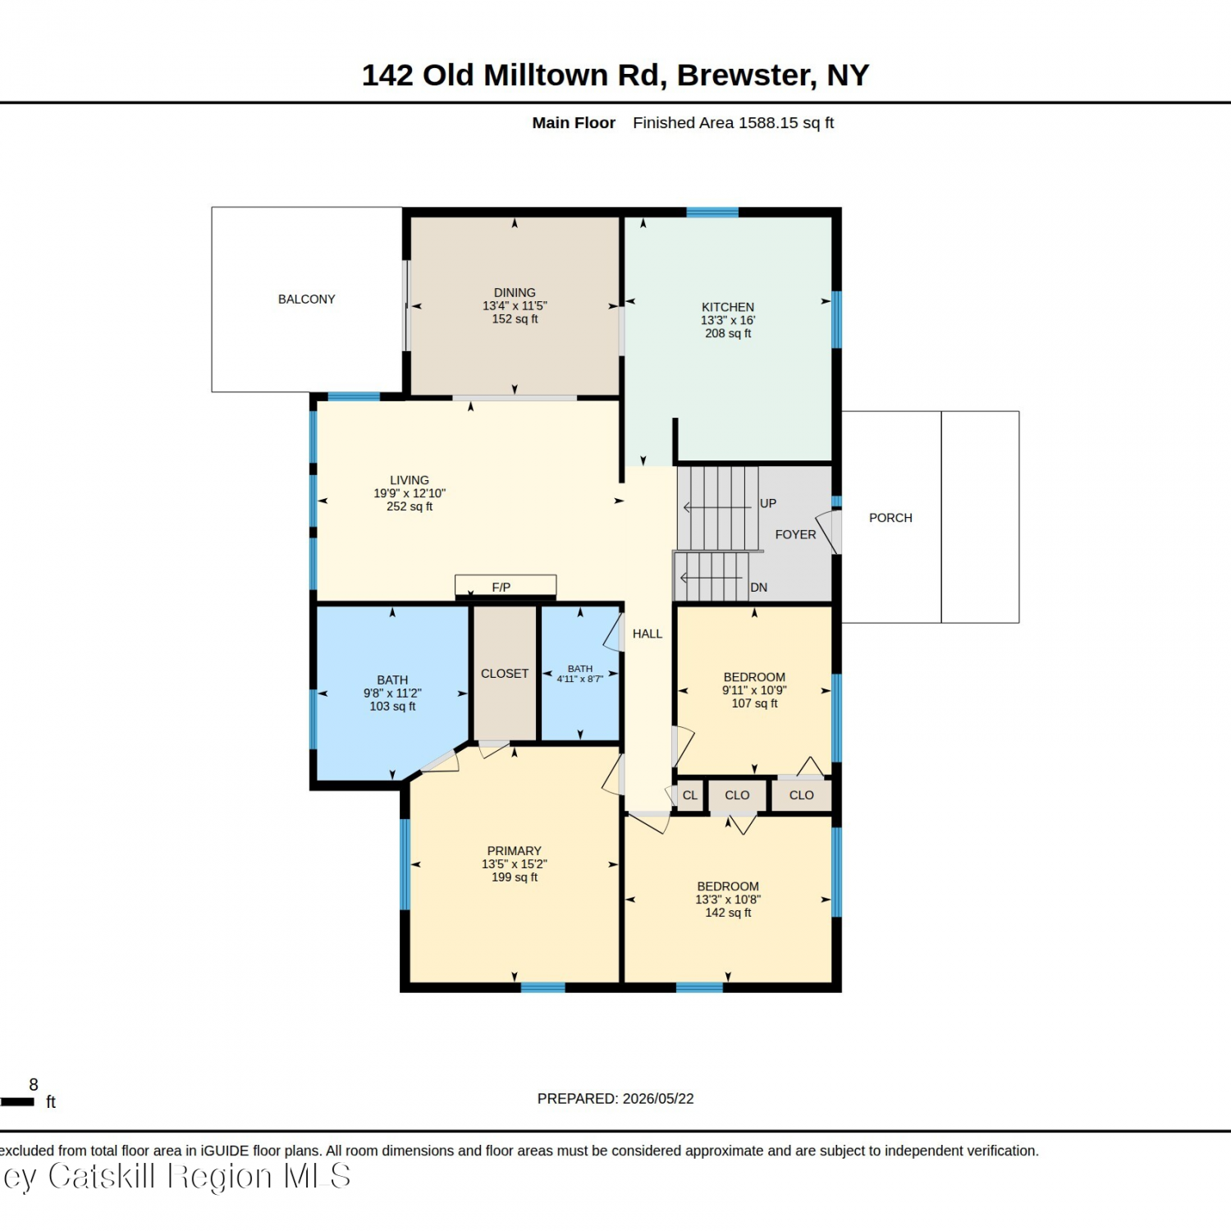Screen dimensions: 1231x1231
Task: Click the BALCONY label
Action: coord(306,300)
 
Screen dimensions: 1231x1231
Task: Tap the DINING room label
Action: coord(515,293)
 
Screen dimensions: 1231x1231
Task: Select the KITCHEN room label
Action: coord(728,307)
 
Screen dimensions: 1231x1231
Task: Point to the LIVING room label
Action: coord(410,480)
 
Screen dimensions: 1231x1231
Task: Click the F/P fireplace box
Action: coord(506,585)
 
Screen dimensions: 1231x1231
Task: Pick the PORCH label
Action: coord(890,518)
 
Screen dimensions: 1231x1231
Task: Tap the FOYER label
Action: coord(796,534)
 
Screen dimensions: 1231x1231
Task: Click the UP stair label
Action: coord(768,503)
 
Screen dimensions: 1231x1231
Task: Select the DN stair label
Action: coord(759,588)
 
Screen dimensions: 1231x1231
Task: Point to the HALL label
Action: coord(648,634)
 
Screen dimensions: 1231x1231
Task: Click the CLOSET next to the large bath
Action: coord(505,674)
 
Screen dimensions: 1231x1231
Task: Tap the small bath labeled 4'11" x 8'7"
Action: coord(580,674)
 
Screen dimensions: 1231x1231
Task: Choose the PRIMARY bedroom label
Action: coord(515,851)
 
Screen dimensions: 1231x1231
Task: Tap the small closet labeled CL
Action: coord(690,795)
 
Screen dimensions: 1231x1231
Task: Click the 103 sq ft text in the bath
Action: coord(392,707)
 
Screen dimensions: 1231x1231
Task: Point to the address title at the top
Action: coord(615,75)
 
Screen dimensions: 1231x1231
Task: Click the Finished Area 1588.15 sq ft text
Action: coord(733,123)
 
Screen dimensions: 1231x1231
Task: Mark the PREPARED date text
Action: coord(615,1099)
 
